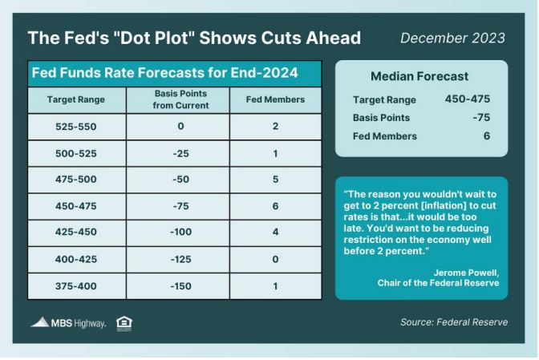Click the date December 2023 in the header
[452, 38]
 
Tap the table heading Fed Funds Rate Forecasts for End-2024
[164, 73]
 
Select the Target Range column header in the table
[76, 99]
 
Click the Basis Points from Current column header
[180, 99]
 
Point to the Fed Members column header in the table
[275, 99]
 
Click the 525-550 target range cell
[76, 127]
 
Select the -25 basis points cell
[180, 154]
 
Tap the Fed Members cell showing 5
[275, 180]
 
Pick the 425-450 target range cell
[76, 232]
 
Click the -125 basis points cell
[180, 259]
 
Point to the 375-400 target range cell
[76, 286]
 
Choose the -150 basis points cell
[180, 286]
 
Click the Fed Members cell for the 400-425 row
[275, 259]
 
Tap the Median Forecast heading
[419, 76]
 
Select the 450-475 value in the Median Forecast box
[468, 99]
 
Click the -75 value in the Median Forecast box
[481, 118]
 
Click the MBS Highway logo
[68, 323]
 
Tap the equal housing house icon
[124, 324]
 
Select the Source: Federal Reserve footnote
[454, 322]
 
